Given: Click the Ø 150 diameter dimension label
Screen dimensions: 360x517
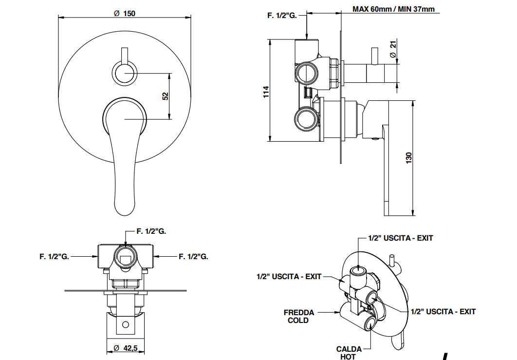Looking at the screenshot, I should (x=125, y=13).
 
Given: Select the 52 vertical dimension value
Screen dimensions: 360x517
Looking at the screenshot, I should (x=165, y=96).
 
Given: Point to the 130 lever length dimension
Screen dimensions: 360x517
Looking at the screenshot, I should (x=409, y=157).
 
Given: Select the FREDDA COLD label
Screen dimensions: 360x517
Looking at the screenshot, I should (x=299, y=316).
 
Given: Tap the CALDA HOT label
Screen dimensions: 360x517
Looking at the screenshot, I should (x=349, y=353).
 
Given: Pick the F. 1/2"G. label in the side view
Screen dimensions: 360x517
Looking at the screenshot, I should (x=282, y=16).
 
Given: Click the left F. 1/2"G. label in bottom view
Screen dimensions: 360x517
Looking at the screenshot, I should (x=55, y=256).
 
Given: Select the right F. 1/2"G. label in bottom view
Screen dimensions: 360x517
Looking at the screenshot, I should (x=193, y=256).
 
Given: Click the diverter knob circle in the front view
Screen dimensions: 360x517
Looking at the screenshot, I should (x=125, y=74).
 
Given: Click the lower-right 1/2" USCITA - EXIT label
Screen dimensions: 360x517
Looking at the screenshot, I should (x=443, y=311).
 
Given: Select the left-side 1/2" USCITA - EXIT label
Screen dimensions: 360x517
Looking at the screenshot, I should (x=289, y=276).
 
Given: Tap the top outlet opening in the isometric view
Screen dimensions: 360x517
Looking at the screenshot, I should (x=360, y=269).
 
